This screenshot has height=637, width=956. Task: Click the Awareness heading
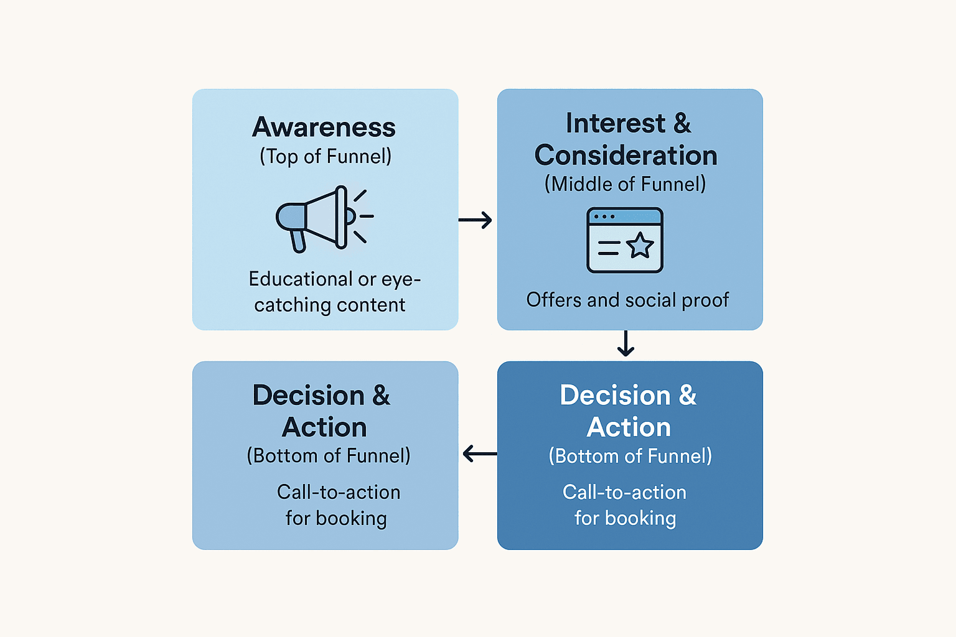pyautogui.click(x=324, y=128)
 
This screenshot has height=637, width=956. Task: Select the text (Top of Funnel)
pyautogui.click(x=326, y=156)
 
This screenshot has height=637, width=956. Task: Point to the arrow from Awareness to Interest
pyautogui.click(x=476, y=220)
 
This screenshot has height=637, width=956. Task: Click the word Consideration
pyautogui.click(x=626, y=156)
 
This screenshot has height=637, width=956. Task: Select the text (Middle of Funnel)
pyautogui.click(x=626, y=184)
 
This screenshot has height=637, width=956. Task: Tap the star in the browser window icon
pyautogui.click(x=640, y=246)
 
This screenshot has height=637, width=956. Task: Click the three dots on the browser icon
pyautogui.click(x=604, y=217)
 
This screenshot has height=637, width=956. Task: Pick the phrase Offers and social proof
pyautogui.click(x=627, y=300)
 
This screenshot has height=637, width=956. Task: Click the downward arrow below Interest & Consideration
pyautogui.click(x=626, y=344)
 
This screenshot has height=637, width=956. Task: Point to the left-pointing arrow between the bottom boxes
pyautogui.click(x=479, y=454)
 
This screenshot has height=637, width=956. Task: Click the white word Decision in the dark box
pyautogui.click(x=615, y=396)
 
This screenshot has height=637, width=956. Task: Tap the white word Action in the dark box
pyautogui.click(x=629, y=427)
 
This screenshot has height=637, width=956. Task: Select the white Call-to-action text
pyautogui.click(x=624, y=493)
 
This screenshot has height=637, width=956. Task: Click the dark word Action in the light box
pyautogui.click(x=324, y=427)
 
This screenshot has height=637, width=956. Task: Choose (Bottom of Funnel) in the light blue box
pyautogui.click(x=329, y=456)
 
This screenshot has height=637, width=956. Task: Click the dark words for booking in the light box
pyautogui.click(x=336, y=518)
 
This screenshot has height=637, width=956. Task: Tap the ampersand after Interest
pyautogui.click(x=682, y=124)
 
